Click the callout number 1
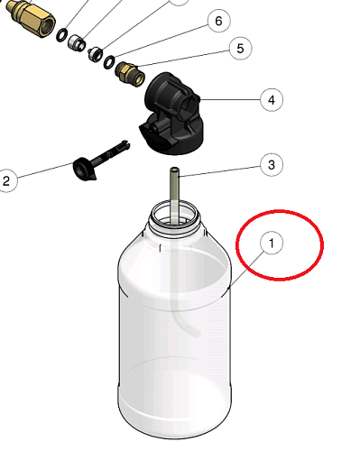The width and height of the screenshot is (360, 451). (272, 243)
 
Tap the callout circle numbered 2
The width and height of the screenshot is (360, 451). (6, 180)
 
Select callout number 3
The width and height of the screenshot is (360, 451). (272, 165)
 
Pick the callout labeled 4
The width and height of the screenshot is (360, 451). (272, 99)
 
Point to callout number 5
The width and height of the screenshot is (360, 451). (240, 48)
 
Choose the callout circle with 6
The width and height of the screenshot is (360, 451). (218, 21)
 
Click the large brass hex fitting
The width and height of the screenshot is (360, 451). (32, 18)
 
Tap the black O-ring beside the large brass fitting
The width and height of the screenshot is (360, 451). (62, 35)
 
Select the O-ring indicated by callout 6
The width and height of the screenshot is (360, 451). (109, 62)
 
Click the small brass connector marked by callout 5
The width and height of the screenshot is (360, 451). (130, 73)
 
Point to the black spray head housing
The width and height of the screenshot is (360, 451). (171, 114)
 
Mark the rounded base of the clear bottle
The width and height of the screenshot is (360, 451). (175, 421)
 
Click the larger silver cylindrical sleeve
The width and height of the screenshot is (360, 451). (77, 42)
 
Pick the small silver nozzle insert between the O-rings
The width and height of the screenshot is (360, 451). (95, 54)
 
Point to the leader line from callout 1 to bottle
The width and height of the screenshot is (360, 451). (246, 270)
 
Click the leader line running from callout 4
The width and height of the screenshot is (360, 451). (230, 99)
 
